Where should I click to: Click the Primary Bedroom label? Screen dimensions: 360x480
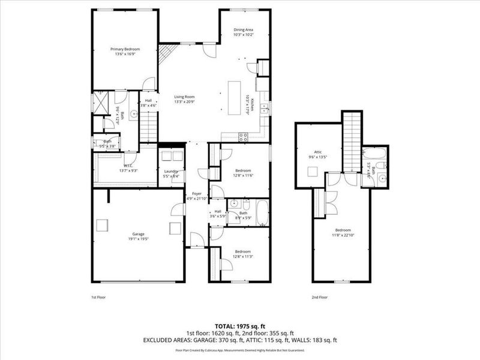coord(125,49)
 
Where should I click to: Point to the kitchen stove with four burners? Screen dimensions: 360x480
coord(244,136)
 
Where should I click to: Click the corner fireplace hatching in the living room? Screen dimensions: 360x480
coord(167,54)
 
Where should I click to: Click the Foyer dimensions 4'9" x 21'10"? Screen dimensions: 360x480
coord(196,199)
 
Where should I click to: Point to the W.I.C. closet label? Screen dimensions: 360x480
coord(128,166)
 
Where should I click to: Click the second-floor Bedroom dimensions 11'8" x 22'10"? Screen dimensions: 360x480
coord(343,235)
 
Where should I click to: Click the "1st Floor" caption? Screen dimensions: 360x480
coord(99,297)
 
